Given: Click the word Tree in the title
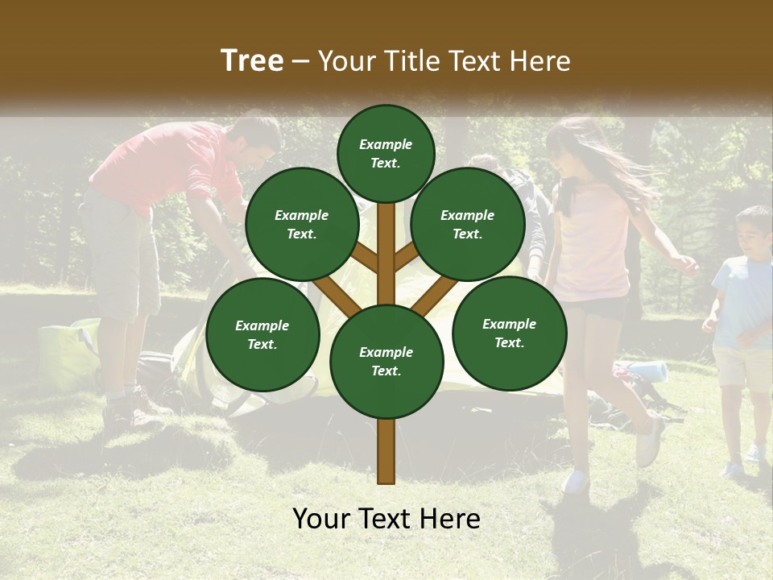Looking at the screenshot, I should click(252, 60).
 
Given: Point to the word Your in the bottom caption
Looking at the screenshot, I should click(322, 519).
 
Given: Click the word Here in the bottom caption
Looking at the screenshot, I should click(451, 519).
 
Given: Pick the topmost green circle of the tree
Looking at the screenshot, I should click(386, 153).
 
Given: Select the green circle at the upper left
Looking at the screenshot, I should click(302, 224).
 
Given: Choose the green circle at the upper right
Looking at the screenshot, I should click(468, 224).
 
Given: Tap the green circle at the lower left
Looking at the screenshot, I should click(262, 334).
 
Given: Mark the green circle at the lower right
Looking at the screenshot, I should click(509, 333).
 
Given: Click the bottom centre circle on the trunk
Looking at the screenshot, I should click(386, 361).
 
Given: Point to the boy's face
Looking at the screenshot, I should click(752, 234).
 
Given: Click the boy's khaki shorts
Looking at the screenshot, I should click(741, 367).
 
